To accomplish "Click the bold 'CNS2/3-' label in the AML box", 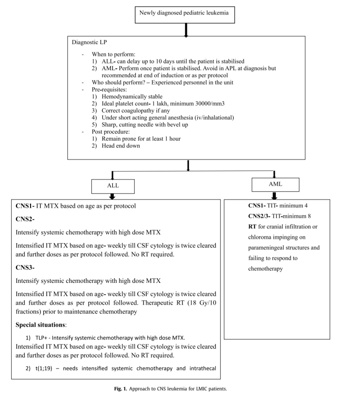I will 259,216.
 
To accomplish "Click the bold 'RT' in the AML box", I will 252,227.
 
